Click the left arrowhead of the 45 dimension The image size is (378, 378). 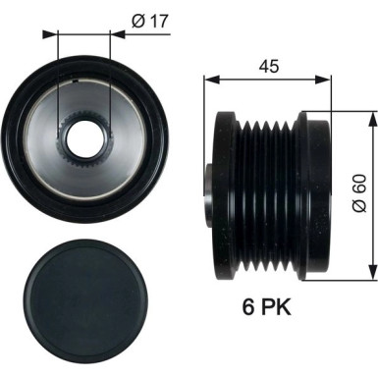pos(207,82)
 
